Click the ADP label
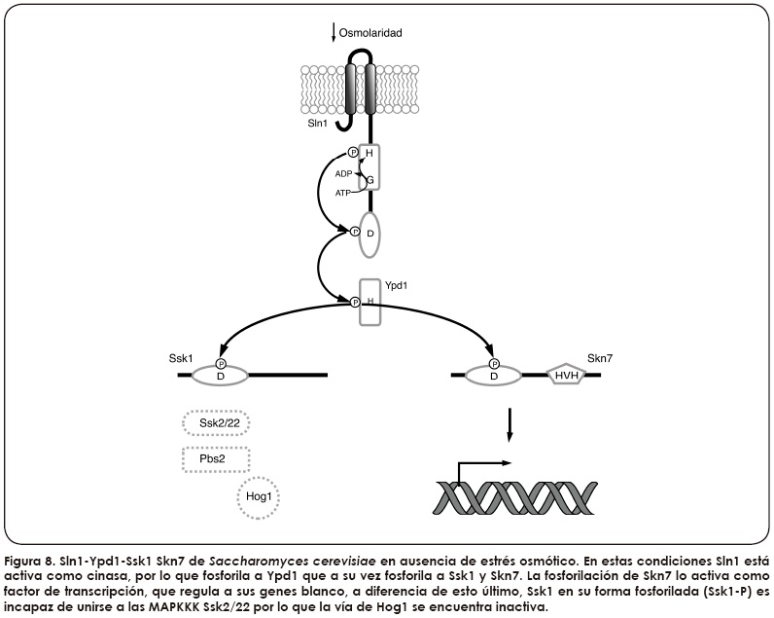pyautogui.click(x=343, y=172)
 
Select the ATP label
pyautogui.click(x=343, y=193)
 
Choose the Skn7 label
pyautogui.click(x=600, y=358)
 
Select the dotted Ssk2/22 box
pyautogui.click(x=214, y=423)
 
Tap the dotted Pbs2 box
pyautogui.click(x=216, y=457)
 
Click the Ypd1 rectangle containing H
pyautogui.click(x=369, y=303)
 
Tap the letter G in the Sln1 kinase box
pyautogui.click(x=369, y=178)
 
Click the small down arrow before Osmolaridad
pyautogui.click(x=334, y=32)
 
